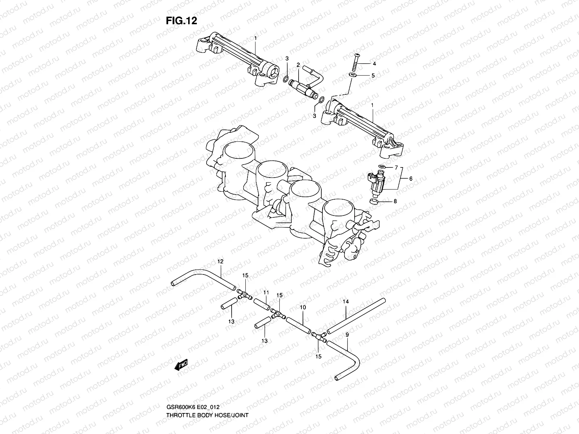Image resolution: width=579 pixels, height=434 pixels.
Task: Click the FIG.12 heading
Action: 181,21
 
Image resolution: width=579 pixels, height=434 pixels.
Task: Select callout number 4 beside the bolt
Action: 375,63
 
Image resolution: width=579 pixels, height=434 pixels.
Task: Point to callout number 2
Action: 299,65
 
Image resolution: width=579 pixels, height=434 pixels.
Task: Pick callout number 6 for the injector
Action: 411,178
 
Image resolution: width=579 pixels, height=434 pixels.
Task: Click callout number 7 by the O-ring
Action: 396,168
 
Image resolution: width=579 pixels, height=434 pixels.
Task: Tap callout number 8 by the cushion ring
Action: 395,201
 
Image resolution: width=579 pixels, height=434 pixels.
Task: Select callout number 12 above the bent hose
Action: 220,261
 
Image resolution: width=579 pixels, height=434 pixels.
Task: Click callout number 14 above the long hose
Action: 346,301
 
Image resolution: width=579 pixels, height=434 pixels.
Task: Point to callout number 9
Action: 347,335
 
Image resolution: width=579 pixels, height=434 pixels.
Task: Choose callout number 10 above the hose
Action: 303,307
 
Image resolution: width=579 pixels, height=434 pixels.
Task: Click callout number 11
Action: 266,292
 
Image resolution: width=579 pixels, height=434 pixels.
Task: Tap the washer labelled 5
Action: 352,75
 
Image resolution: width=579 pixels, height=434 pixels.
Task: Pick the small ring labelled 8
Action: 374,201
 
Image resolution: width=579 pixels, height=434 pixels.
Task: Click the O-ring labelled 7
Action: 380,167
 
